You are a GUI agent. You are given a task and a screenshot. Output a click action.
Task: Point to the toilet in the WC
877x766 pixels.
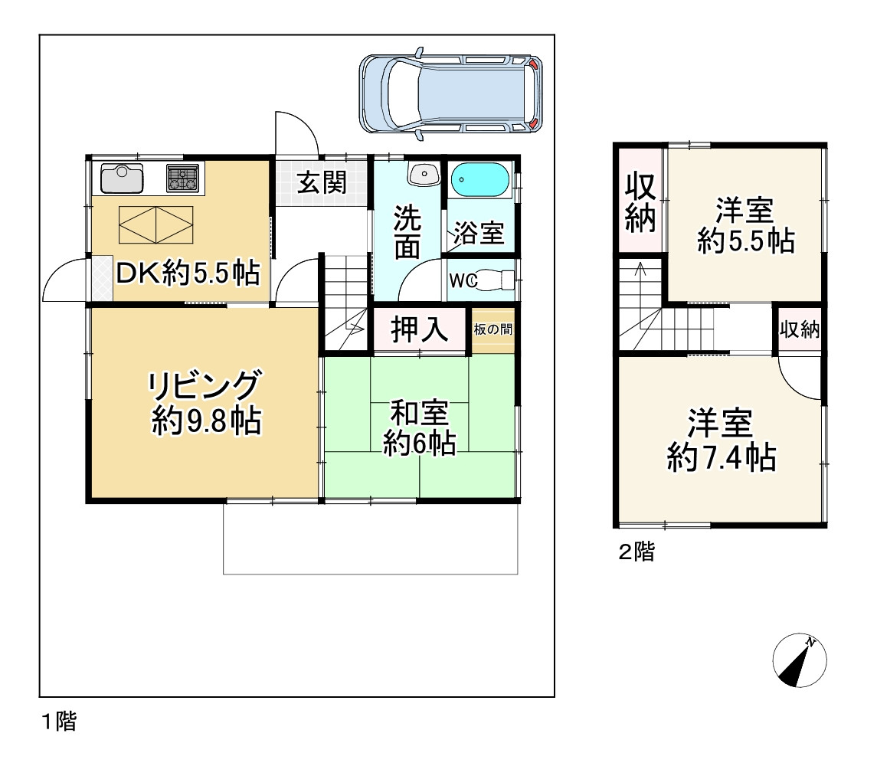497,281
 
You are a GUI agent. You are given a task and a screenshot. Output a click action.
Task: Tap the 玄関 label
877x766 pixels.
322,183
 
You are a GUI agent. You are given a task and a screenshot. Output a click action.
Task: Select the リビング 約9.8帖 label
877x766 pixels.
205,402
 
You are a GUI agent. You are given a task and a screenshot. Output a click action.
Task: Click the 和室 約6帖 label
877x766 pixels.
420,428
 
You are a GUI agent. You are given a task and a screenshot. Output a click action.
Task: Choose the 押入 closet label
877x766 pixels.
419,330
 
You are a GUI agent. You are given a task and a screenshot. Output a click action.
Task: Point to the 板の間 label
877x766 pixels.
492,330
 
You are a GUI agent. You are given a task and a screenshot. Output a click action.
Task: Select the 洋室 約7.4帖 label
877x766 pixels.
721,440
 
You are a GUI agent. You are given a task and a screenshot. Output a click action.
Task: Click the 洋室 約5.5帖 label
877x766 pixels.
744,226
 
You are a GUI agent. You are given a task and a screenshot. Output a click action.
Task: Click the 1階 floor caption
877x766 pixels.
59,721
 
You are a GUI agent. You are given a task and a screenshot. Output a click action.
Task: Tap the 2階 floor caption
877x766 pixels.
636,552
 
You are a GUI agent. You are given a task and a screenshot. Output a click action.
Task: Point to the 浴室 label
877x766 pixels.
479,234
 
